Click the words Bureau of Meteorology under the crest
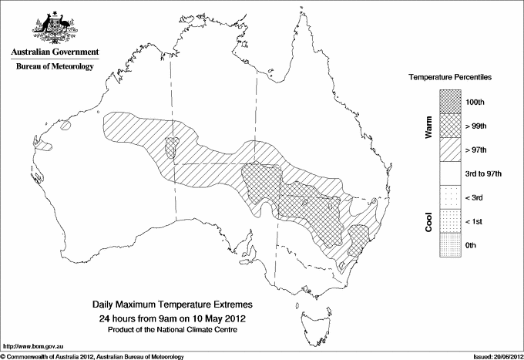click(x=54, y=66)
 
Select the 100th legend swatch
click(x=450, y=101)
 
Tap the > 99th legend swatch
click(x=450, y=125)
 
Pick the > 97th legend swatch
click(x=450, y=149)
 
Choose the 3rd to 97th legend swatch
click(x=450, y=173)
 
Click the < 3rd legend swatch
click(x=450, y=197)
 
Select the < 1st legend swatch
click(x=450, y=221)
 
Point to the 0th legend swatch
click(x=450, y=245)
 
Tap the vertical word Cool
click(x=428, y=221)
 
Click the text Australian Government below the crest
click(x=54, y=52)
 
